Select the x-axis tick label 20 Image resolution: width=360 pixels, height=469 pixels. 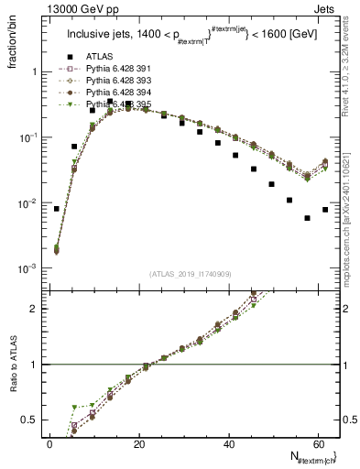pyautogui.click(x=138, y=444)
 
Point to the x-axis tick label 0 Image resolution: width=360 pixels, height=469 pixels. pyautogui.click(x=50, y=444)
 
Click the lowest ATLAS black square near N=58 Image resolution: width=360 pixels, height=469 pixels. pyautogui.click(x=307, y=218)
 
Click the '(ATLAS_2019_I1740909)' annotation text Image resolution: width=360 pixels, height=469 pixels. pyautogui.click(x=191, y=274)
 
